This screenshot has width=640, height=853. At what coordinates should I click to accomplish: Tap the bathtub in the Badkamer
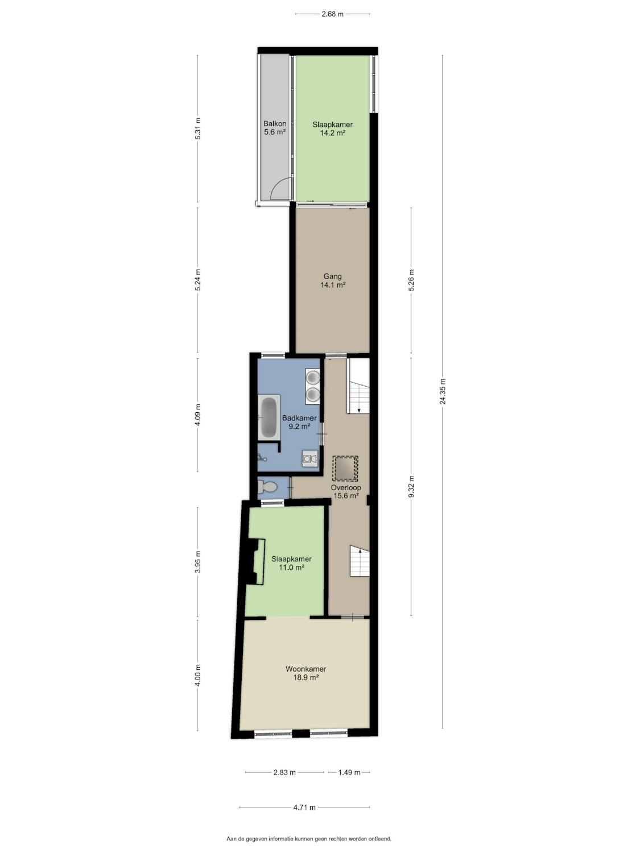coord(269,417)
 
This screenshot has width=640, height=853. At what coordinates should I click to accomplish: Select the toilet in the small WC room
coord(267,487)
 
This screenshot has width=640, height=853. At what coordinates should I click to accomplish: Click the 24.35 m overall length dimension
coord(443,391)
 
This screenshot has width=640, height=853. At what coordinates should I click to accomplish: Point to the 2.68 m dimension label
coord(333,14)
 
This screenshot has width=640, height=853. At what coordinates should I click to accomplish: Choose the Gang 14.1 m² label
coord(333,280)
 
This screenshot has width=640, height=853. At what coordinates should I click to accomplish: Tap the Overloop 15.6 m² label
coord(346,491)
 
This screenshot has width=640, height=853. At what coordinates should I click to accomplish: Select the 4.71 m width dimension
coord(305,807)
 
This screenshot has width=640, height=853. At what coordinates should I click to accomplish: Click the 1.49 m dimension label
coord(349,772)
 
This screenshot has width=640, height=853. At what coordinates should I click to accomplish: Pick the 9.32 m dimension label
coord(411,487)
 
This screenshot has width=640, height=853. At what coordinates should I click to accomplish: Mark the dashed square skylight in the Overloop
coord(345,469)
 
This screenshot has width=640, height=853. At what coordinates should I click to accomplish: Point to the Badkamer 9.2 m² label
coord(299,422)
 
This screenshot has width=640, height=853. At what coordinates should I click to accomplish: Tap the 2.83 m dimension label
coord(284,772)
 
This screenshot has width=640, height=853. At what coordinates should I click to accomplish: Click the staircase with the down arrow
coord(358,386)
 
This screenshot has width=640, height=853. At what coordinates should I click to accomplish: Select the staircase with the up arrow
coord(360,561)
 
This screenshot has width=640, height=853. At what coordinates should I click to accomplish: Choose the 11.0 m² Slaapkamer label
coord(291,563)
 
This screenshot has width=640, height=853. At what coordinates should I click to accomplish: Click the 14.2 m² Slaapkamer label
coord(333,129)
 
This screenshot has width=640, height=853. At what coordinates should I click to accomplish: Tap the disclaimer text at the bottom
coord(309,839)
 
